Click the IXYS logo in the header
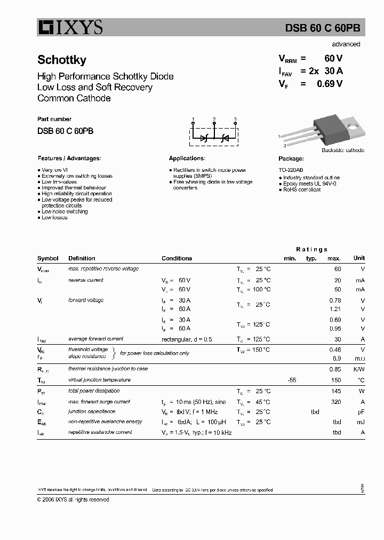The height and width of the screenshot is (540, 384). (70, 28)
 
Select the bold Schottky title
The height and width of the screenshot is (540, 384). (62, 60)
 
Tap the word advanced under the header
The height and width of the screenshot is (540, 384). (346, 44)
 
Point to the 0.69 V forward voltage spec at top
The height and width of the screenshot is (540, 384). (329, 83)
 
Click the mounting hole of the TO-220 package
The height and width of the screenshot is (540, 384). (353, 127)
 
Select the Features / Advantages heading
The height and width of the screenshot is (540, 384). (69, 158)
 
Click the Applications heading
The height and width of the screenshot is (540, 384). (187, 158)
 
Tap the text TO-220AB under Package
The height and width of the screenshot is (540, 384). (291, 170)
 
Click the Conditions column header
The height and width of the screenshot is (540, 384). (177, 258)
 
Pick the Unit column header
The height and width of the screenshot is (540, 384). (359, 258)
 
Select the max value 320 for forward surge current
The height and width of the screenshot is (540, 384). (336, 402)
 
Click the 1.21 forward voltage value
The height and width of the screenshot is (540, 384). (336, 309)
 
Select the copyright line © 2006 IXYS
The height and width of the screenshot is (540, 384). (73, 499)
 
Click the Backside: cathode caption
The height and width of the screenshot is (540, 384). (342, 150)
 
